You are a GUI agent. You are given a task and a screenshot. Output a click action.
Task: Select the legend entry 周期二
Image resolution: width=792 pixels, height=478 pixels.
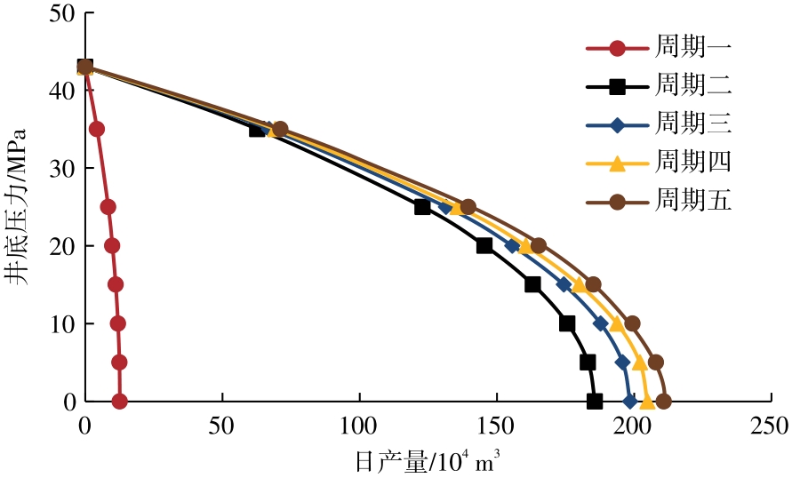(x=693, y=86)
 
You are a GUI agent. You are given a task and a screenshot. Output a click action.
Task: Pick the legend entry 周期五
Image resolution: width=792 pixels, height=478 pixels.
(x=693, y=202)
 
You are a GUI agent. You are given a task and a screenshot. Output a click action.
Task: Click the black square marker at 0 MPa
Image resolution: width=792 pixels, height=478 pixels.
(x=595, y=402)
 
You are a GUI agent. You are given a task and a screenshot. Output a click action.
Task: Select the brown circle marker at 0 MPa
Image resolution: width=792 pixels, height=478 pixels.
(x=663, y=402)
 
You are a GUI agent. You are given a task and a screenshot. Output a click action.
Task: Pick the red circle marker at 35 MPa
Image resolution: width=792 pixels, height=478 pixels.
(x=97, y=129)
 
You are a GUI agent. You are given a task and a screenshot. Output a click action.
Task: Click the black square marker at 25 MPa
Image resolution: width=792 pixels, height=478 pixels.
(x=422, y=207)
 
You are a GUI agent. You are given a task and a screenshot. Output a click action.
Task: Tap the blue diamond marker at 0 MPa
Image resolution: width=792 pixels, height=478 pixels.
(x=630, y=402)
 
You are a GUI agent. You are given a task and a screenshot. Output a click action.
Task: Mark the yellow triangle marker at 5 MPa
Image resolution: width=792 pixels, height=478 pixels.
(x=639, y=362)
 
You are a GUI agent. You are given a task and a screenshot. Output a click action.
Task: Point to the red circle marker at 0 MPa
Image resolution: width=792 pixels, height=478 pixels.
(x=120, y=402)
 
